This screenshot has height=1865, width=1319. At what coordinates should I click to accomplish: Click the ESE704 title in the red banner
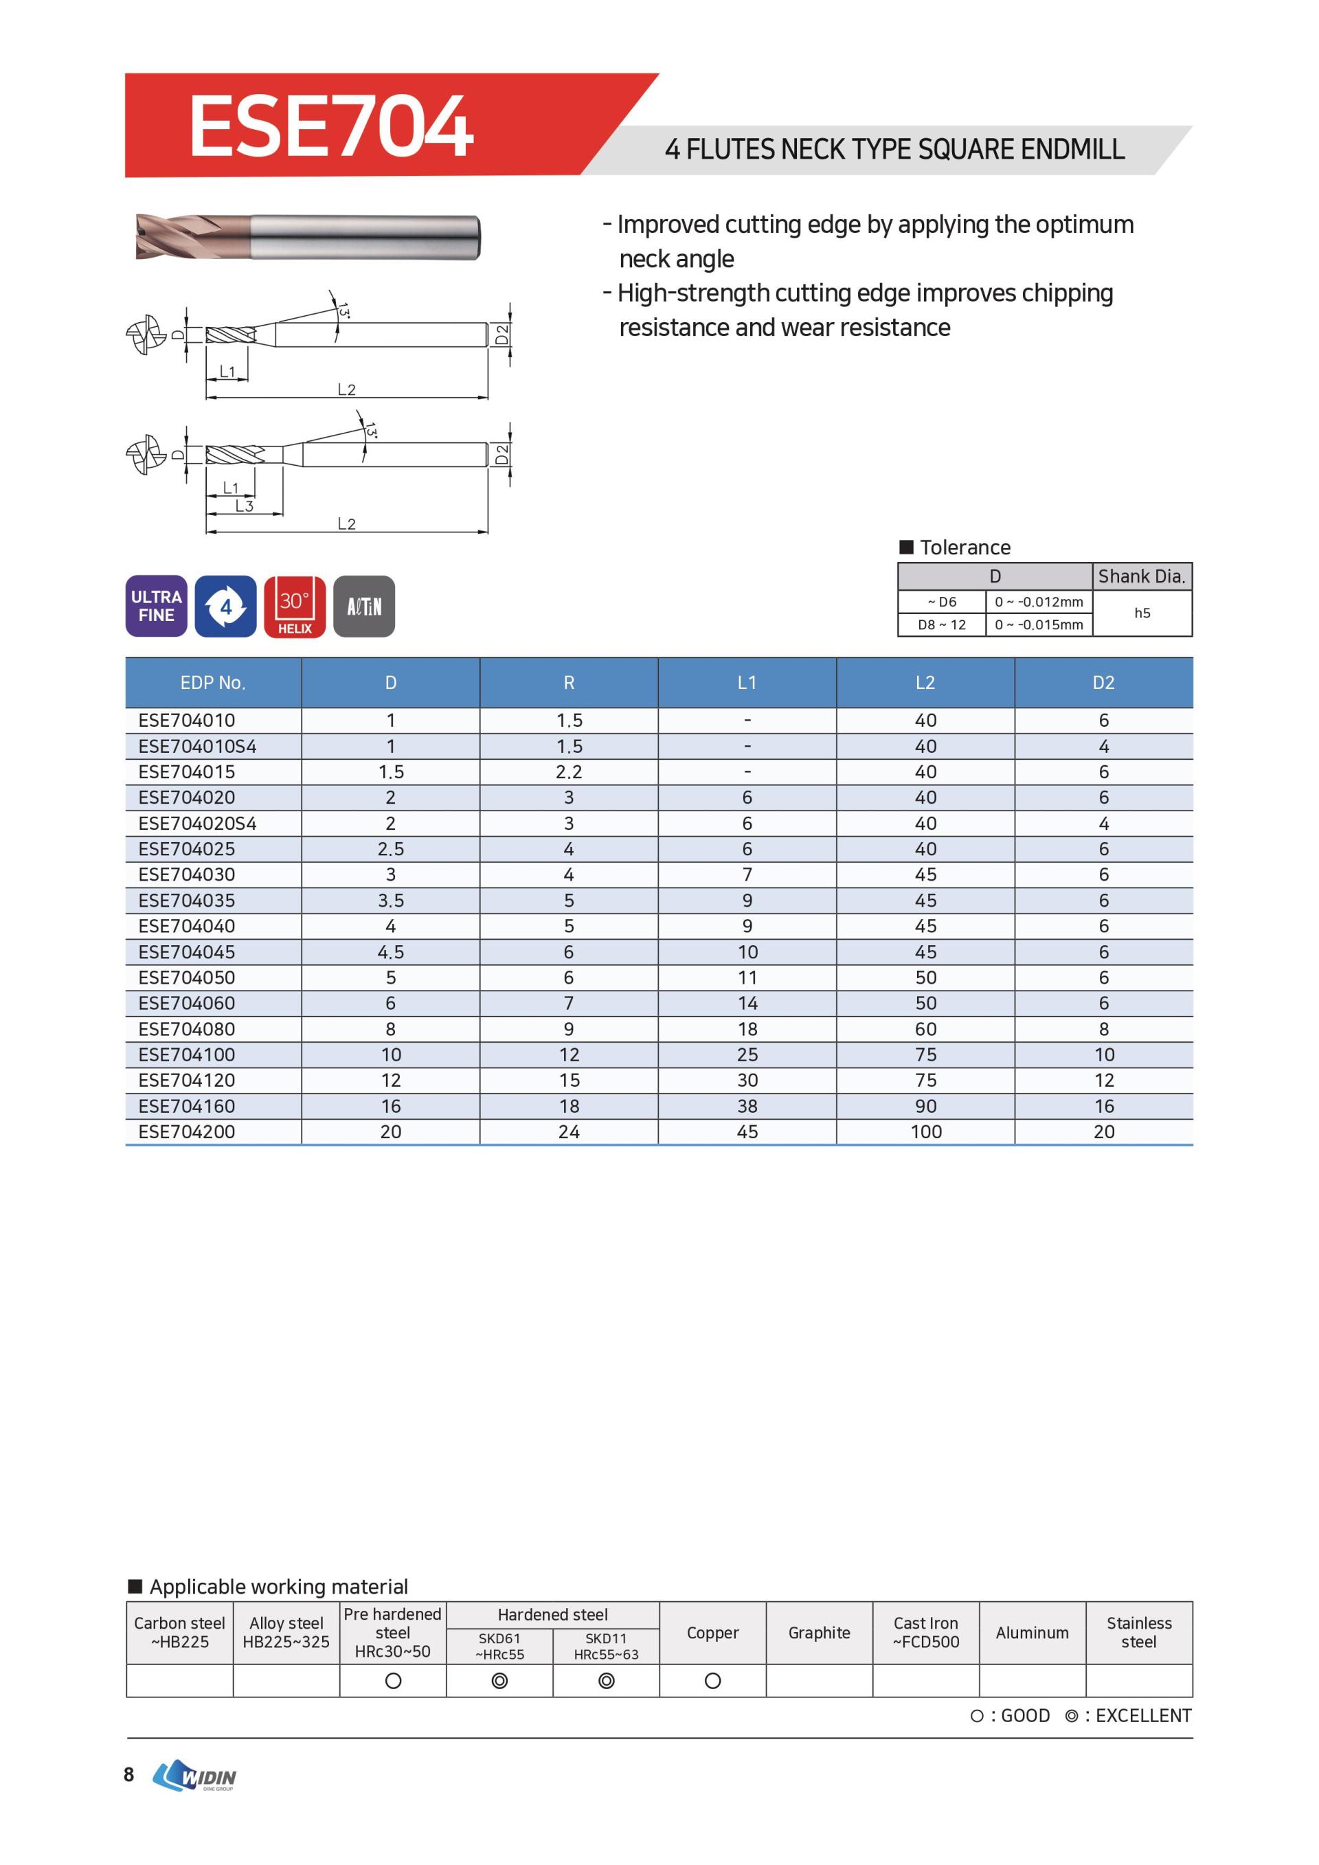[330, 126]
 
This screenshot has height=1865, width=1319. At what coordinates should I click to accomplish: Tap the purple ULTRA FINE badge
[156, 606]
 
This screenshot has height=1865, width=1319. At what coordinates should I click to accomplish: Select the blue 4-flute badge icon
[226, 606]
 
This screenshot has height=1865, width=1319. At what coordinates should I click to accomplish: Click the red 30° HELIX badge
[295, 606]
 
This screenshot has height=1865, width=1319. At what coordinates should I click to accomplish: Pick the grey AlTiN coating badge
[364, 606]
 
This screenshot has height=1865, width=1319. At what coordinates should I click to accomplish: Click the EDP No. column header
[213, 683]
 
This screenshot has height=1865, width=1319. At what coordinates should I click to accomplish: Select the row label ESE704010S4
[197, 747]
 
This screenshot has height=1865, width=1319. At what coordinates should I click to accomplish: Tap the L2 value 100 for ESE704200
[925, 1131]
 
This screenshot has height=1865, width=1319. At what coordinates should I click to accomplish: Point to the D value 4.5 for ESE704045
[391, 952]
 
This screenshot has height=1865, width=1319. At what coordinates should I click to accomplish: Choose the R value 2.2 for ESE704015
[569, 771]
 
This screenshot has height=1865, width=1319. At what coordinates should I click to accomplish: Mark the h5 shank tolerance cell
[1142, 613]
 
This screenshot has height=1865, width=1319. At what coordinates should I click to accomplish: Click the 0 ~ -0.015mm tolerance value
[1039, 624]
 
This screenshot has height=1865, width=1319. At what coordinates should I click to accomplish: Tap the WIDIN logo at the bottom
[195, 1775]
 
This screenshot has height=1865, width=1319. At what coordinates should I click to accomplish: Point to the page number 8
[128, 1774]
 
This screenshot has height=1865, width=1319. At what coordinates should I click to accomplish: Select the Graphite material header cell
[819, 1633]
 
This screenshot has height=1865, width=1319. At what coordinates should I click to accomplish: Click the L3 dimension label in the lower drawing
[245, 506]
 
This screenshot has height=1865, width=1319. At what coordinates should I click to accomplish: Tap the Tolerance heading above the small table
[965, 547]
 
